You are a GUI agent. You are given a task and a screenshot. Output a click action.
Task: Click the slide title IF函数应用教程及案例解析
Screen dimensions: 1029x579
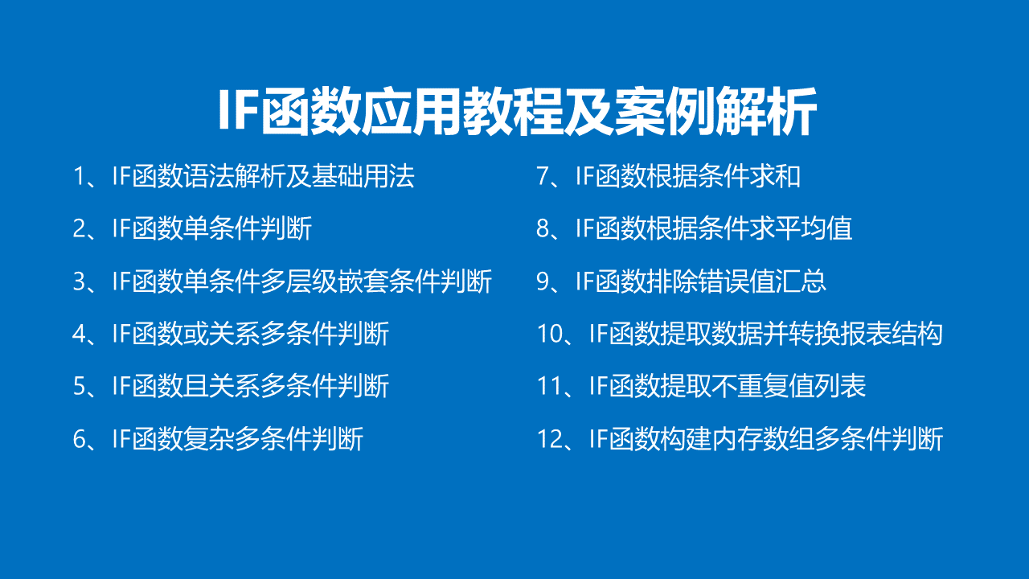(517, 112)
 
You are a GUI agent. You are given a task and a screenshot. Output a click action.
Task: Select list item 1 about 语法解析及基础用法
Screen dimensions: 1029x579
(244, 176)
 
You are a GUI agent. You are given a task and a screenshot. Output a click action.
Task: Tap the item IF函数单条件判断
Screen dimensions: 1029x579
(192, 228)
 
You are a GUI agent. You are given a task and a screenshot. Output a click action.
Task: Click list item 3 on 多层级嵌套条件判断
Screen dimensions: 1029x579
(282, 281)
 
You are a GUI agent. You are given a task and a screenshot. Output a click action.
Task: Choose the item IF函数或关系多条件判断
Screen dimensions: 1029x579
(231, 334)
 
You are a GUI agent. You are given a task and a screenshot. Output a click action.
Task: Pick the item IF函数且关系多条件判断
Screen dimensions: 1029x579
(231, 386)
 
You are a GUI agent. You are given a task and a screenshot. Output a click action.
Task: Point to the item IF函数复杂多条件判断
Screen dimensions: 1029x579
(218, 438)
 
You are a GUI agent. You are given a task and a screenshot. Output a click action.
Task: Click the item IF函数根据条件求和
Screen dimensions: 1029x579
(668, 176)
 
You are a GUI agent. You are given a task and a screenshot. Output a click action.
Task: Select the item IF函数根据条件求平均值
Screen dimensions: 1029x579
(694, 228)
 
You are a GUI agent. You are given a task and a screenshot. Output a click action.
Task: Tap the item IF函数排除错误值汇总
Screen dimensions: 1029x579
(681, 281)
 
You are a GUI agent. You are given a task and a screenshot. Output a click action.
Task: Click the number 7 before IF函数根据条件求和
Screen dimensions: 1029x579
(543, 176)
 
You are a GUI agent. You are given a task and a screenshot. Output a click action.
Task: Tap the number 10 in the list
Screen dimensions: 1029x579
(550, 334)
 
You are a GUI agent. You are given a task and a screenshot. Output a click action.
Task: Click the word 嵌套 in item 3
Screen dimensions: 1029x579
(364, 281)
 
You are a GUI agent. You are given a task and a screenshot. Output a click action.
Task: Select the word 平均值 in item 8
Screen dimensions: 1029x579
(814, 228)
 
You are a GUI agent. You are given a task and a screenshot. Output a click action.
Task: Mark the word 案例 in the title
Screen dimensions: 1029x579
(665, 112)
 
